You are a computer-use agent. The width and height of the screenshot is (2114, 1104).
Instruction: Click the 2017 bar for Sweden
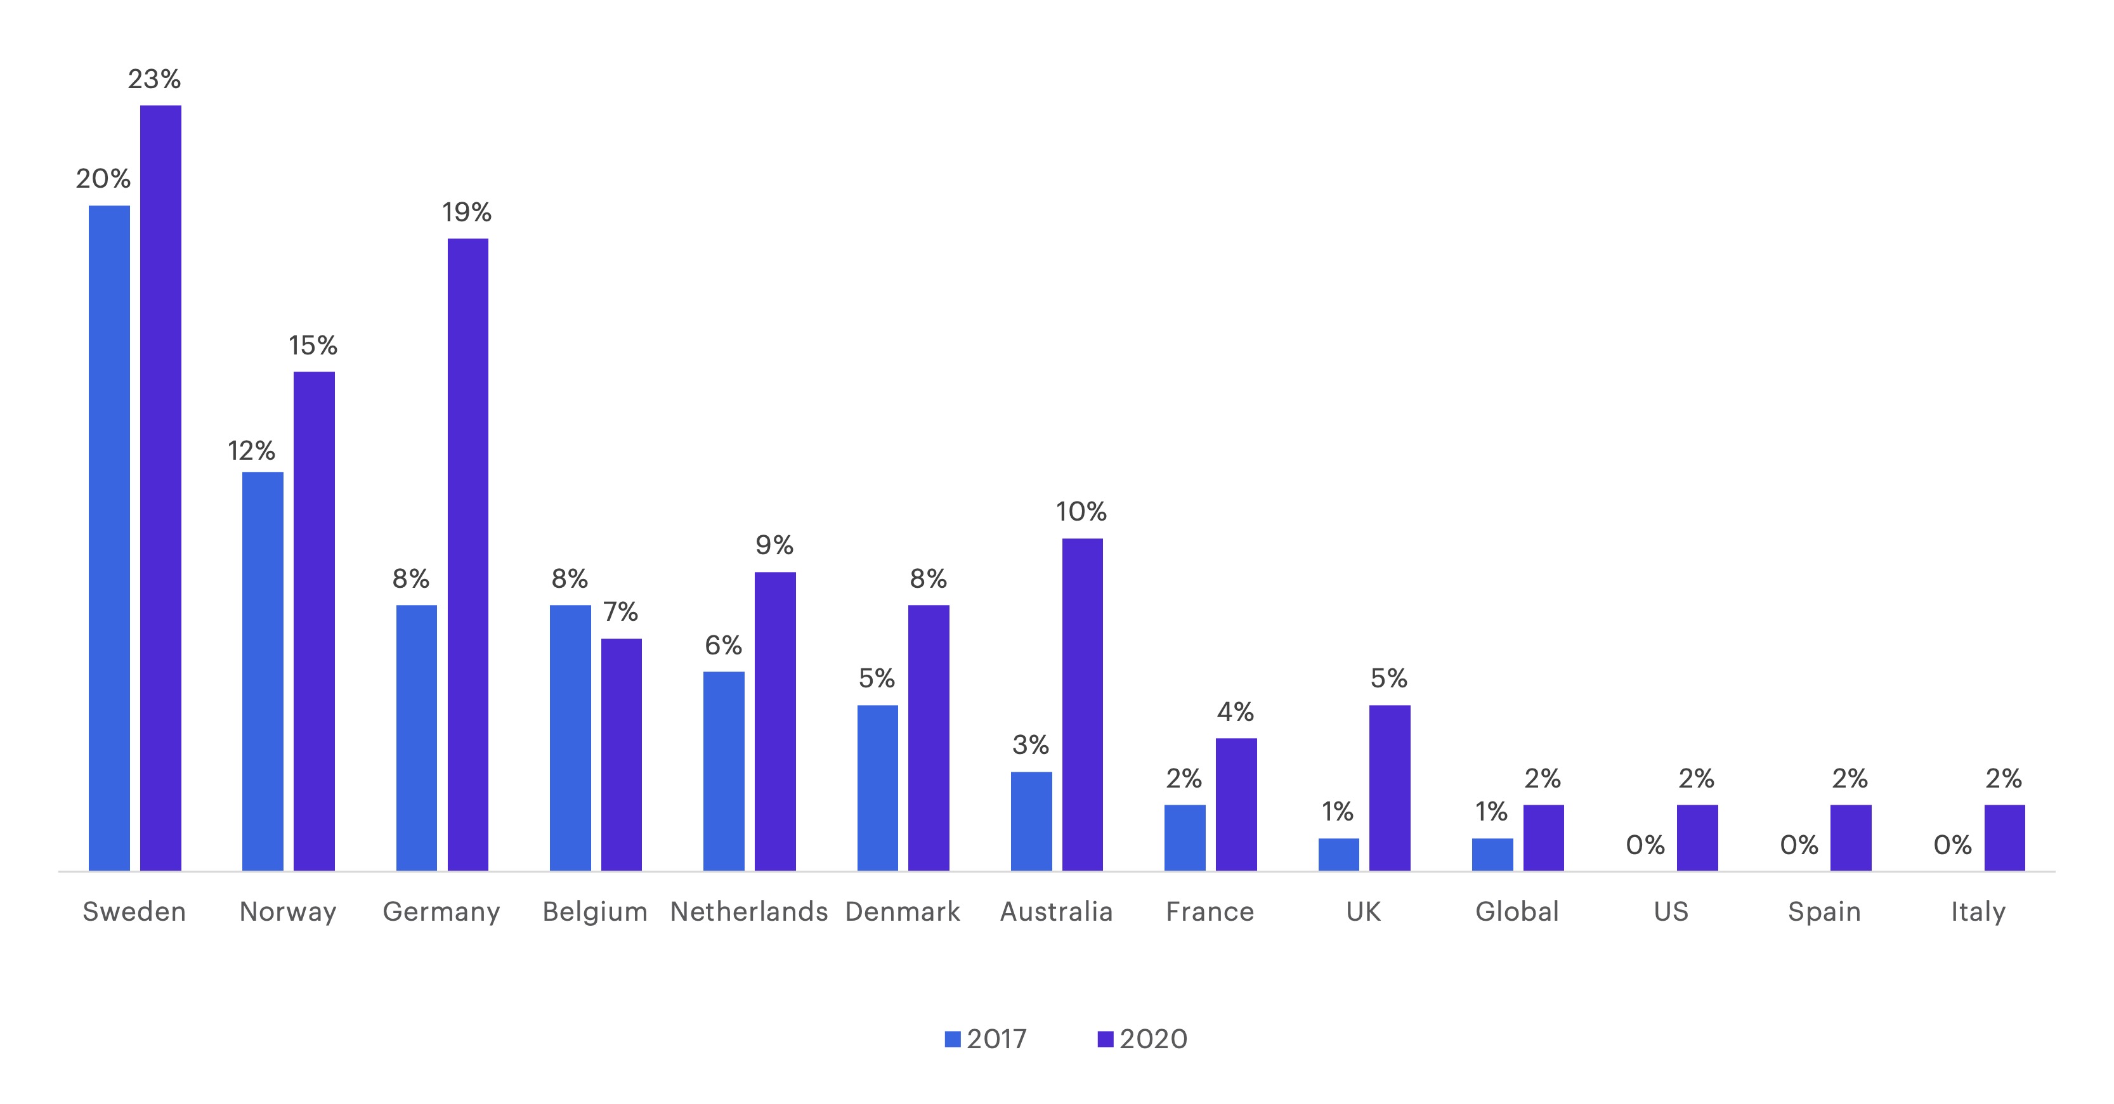(x=109, y=537)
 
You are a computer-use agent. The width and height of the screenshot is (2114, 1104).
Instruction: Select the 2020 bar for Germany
(x=468, y=554)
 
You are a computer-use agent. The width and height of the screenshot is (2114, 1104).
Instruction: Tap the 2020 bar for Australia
(x=1083, y=704)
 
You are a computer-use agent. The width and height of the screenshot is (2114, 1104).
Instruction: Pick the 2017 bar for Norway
(x=263, y=671)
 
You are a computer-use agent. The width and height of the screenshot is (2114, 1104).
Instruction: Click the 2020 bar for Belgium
(x=621, y=754)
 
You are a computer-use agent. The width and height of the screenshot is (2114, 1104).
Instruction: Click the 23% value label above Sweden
(x=154, y=79)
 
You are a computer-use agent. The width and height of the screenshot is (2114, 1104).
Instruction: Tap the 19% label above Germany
(x=467, y=212)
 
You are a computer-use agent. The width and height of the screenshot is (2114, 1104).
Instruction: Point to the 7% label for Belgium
(x=620, y=612)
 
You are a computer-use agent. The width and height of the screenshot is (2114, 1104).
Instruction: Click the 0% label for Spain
(x=1799, y=845)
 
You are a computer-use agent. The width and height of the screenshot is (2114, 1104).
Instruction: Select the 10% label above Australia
(x=1081, y=512)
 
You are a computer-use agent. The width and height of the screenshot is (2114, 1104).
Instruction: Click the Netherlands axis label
(x=748, y=912)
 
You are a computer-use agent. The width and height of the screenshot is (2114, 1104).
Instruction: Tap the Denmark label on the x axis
(x=903, y=912)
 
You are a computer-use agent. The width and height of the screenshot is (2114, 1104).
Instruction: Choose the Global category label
(x=1517, y=912)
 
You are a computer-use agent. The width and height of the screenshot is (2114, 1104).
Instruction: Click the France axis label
(x=1210, y=912)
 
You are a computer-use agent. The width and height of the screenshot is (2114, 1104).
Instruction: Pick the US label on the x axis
(x=1671, y=912)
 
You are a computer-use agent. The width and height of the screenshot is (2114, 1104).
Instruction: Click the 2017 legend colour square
(x=953, y=1039)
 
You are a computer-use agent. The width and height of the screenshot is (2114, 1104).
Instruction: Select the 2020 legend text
(x=1153, y=1039)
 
